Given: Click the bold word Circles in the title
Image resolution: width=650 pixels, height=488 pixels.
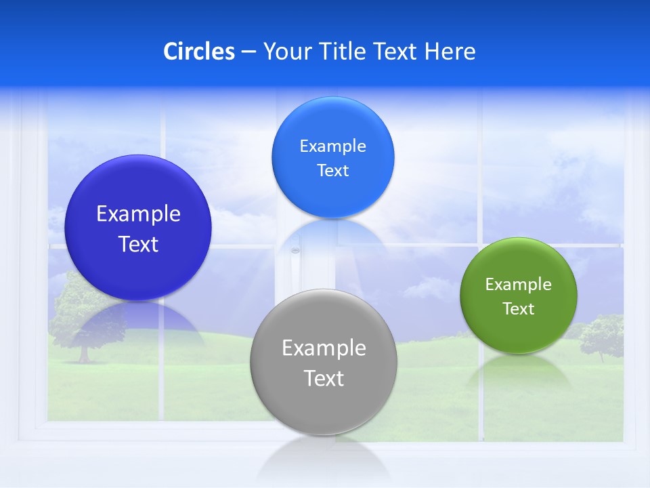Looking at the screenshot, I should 198,52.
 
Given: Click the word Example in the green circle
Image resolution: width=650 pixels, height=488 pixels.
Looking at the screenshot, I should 518,285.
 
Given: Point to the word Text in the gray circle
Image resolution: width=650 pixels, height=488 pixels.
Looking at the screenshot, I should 324,378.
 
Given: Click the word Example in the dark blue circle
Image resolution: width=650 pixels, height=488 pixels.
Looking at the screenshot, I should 138,214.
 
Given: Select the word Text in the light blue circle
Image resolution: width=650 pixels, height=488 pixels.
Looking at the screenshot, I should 332,171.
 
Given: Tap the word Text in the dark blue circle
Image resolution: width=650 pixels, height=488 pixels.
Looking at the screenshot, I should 138,245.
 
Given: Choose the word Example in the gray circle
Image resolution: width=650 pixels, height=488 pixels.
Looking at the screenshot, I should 324,348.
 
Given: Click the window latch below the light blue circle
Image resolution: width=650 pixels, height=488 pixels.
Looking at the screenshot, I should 295,251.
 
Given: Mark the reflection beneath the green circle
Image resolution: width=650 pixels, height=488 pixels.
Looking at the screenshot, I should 519,369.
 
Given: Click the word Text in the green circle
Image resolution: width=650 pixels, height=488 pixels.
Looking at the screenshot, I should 518,309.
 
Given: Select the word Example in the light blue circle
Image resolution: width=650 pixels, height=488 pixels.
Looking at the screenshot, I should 332,146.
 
